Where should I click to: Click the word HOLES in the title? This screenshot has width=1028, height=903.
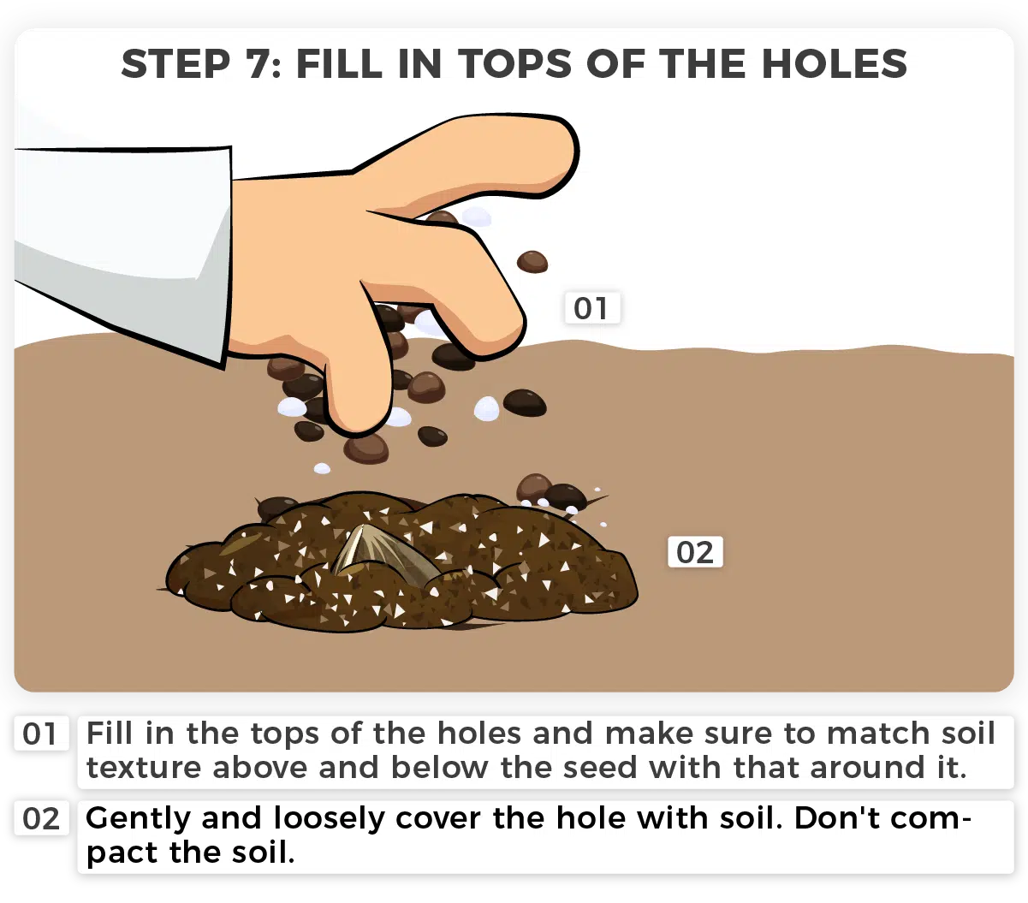[835, 64]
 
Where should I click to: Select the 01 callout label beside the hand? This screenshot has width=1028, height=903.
[591, 307]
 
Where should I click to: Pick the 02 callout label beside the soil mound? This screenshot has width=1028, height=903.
[695, 551]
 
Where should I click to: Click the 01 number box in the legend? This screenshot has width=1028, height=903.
[41, 734]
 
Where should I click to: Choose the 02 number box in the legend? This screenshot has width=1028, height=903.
[41, 818]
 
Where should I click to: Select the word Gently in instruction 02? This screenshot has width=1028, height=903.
[138, 819]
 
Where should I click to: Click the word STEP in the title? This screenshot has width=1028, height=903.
[175, 64]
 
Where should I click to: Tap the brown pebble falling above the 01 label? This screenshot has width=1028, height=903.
[532, 262]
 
